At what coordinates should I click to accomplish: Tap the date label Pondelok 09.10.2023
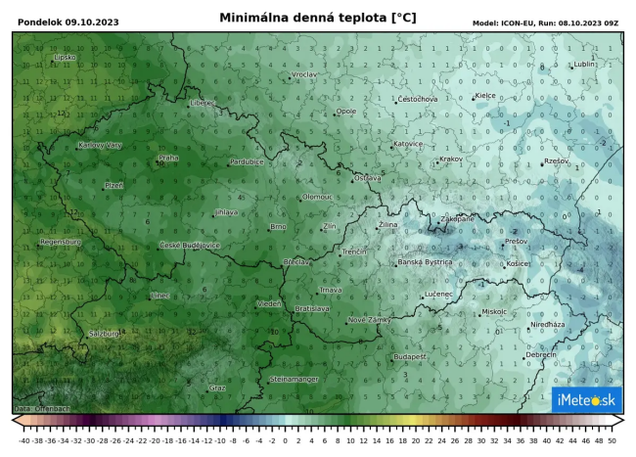point(57,22)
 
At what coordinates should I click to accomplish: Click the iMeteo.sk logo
point(586,399)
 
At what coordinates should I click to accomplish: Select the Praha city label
point(168,158)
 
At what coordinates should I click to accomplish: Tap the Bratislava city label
point(312,308)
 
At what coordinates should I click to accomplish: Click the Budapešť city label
point(410,357)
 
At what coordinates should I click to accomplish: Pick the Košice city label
point(518,264)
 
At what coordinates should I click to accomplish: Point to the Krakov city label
point(450,159)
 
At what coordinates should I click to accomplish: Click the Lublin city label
point(584,65)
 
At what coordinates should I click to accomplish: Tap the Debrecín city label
point(541,355)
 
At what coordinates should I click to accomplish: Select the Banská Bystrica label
point(425,262)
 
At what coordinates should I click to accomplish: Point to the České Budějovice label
point(190,245)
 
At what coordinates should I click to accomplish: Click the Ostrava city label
point(367,178)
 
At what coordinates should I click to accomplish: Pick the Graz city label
point(217,388)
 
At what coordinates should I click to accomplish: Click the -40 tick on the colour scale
point(23,440)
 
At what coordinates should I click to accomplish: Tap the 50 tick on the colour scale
point(612,440)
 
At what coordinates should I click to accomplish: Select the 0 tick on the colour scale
point(285,440)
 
